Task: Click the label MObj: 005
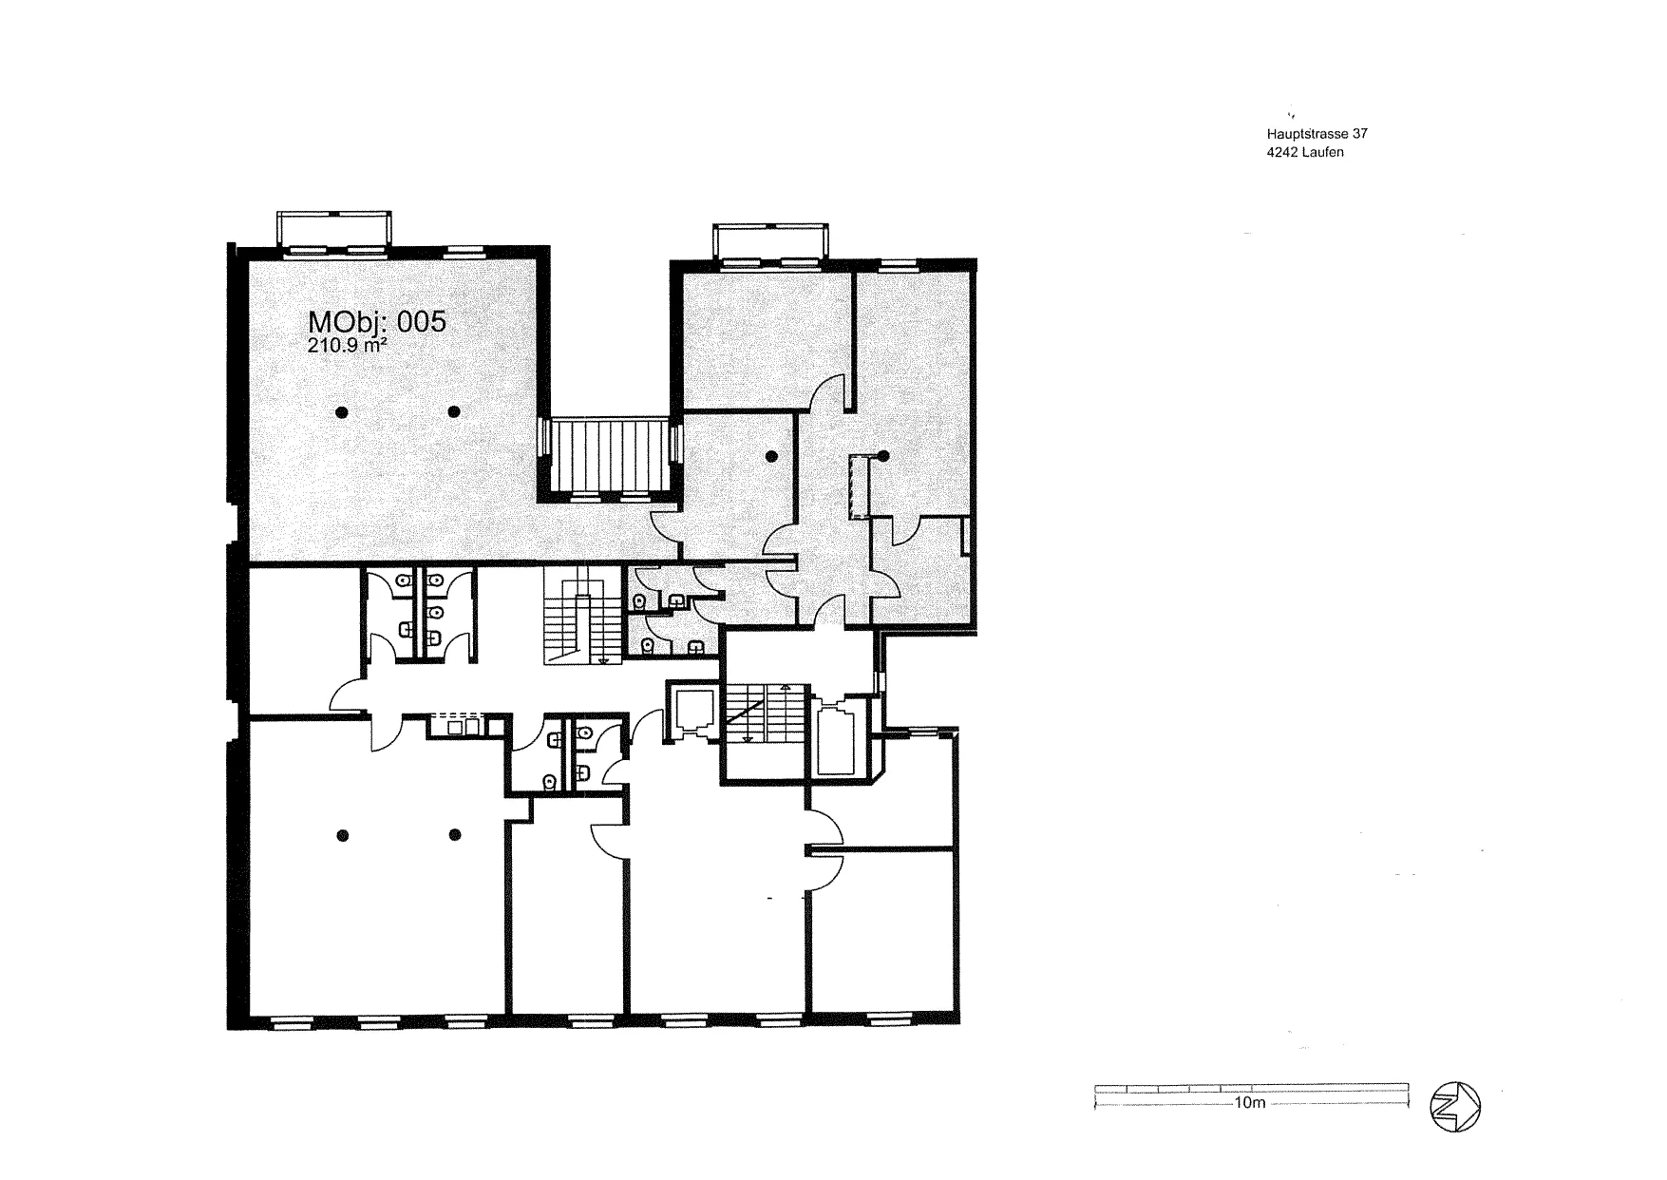(376, 321)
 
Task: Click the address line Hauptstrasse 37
(1317, 135)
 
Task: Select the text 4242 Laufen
(1305, 152)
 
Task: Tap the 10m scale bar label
(1250, 1104)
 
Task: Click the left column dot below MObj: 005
(341, 411)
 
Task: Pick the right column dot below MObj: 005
(454, 411)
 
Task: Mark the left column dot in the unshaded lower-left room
(343, 835)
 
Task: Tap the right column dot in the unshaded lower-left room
(456, 835)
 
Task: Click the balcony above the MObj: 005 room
(332, 230)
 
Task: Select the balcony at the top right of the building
(771, 241)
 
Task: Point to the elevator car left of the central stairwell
(693, 711)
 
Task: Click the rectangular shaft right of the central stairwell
(837, 737)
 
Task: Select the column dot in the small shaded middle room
(771, 456)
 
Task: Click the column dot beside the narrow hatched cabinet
(882, 455)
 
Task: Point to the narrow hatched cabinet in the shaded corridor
(860, 486)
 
